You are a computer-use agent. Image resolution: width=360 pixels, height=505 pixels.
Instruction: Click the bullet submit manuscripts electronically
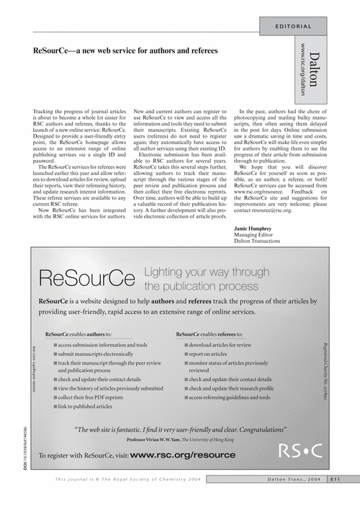pyautogui.click(x=95, y=354)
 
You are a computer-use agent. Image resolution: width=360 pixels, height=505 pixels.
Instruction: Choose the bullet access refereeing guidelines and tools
pyautogui.click(x=229, y=396)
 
